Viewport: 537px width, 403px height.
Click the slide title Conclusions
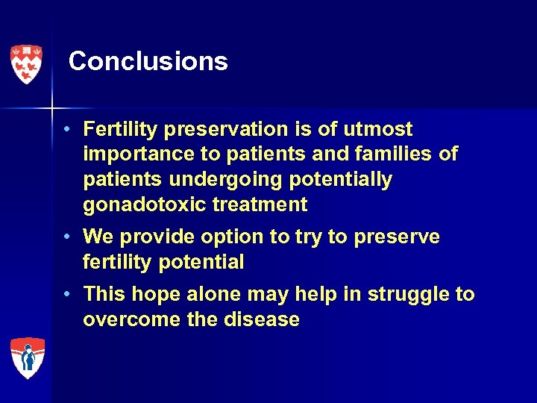click(x=148, y=61)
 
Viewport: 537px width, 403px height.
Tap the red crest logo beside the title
click(x=26, y=64)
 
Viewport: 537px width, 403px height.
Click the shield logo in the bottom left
click(x=27, y=358)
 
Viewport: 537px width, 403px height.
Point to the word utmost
click(x=378, y=130)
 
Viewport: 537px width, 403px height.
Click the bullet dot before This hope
click(x=67, y=294)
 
